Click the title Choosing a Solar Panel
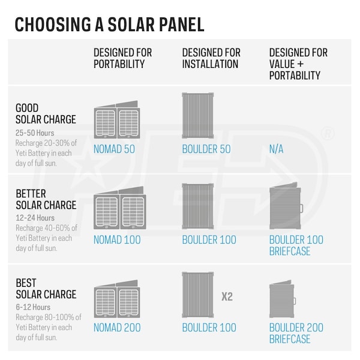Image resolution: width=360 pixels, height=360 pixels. [x=109, y=25]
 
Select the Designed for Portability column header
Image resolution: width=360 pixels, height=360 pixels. [x=124, y=58]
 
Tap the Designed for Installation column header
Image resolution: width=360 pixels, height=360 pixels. [x=211, y=58]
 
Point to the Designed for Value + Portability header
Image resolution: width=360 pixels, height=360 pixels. [x=298, y=64]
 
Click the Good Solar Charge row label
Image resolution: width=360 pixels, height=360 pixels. [x=46, y=114]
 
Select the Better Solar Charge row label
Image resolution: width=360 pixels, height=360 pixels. [x=46, y=199]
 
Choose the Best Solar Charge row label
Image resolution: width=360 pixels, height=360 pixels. [x=46, y=289]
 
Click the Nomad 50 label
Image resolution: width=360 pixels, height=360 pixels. [x=115, y=149]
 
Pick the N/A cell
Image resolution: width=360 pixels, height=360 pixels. [x=277, y=149]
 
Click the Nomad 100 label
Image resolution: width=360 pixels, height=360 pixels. [x=117, y=239]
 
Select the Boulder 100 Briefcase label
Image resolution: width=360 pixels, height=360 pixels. [x=296, y=245]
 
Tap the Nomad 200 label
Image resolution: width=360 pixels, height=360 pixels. [x=117, y=328]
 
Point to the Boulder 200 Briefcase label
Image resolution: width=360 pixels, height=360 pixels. [x=296, y=333]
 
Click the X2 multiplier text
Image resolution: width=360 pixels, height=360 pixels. [x=227, y=296]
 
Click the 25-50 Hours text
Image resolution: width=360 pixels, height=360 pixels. [x=35, y=131]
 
